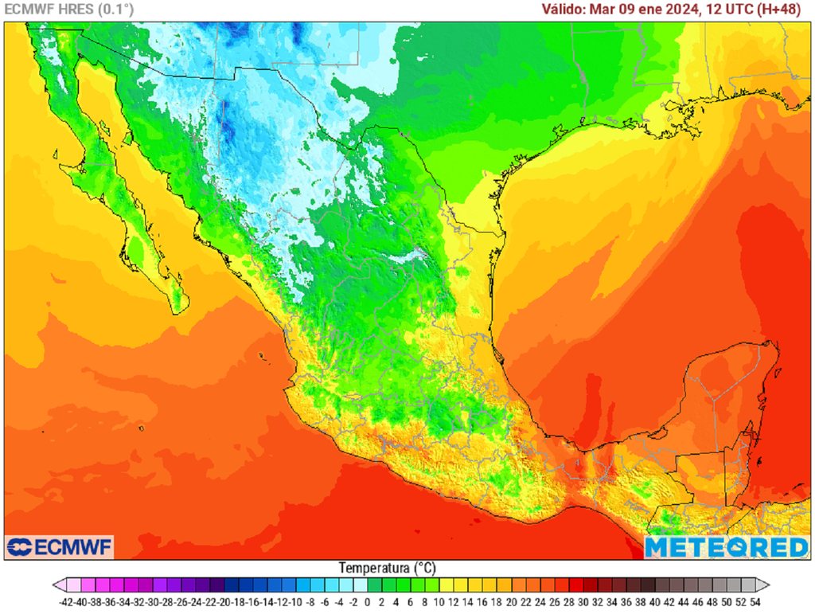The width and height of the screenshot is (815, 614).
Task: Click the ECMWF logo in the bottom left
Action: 60,547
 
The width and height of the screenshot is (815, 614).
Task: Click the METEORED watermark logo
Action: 726,547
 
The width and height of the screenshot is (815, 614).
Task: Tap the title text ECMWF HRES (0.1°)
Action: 69,10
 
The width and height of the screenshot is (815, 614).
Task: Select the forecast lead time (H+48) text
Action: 780,10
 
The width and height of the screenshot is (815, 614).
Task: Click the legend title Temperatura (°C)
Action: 387,569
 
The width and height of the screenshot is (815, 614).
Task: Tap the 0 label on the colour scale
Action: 371,603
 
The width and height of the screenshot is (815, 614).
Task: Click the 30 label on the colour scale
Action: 584,603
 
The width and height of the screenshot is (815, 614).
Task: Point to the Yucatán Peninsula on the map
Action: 724,390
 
